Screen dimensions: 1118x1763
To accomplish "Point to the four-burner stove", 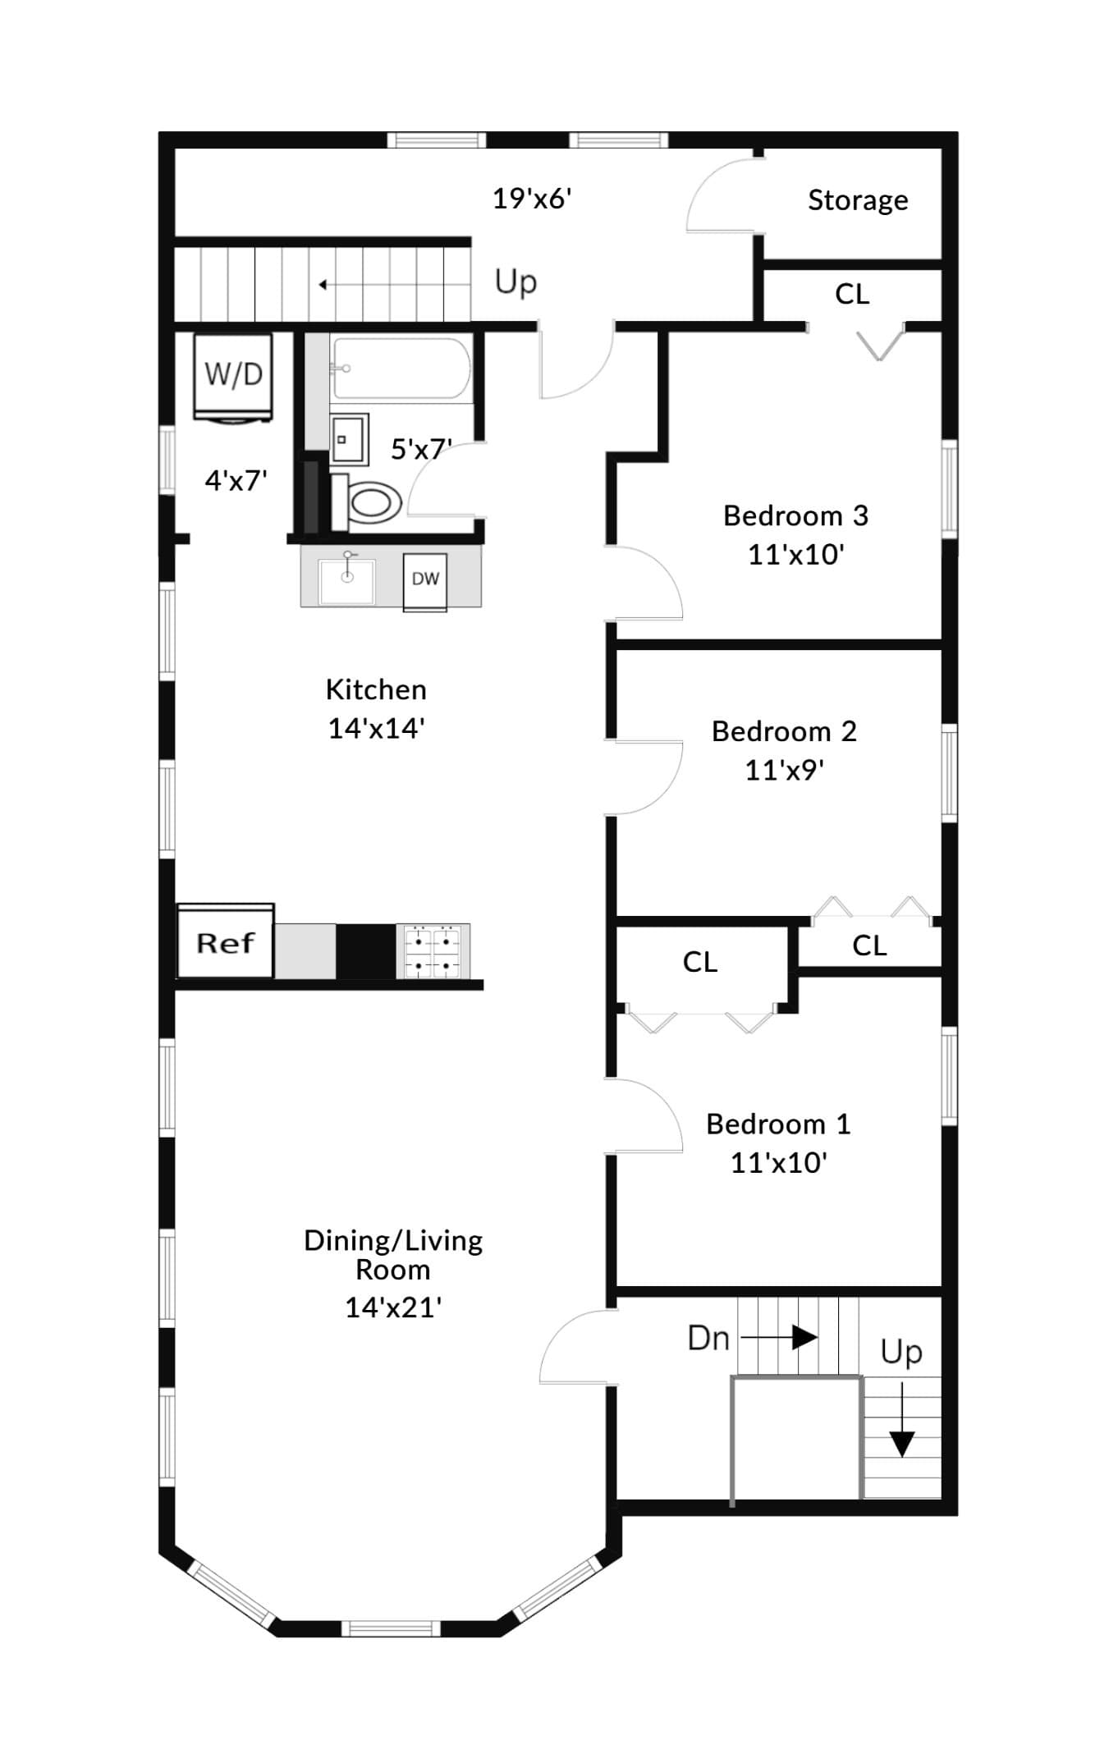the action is [433, 951].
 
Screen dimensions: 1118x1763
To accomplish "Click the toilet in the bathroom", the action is [366, 501].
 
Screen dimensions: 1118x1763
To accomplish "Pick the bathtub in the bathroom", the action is [401, 369].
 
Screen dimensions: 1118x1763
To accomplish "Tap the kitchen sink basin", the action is [347, 579].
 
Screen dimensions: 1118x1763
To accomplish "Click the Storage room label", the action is [858, 199].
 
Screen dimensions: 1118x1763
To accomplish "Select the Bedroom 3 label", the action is [795, 515].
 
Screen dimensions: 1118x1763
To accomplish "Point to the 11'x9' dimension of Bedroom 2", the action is [784, 770].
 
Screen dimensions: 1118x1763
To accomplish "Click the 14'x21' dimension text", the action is [393, 1307].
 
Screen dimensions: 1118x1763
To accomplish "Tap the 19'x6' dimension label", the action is [532, 199].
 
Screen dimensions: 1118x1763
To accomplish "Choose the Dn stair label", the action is [708, 1339].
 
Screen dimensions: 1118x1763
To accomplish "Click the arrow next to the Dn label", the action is [779, 1338].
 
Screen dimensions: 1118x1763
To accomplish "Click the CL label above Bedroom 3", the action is [852, 294].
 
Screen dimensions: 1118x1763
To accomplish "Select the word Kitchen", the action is [376, 689].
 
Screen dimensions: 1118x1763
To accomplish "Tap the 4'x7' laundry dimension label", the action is [236, 480].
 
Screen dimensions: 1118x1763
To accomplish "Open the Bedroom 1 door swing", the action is [644, 1115].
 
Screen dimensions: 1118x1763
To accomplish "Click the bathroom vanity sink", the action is [349, 439].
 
